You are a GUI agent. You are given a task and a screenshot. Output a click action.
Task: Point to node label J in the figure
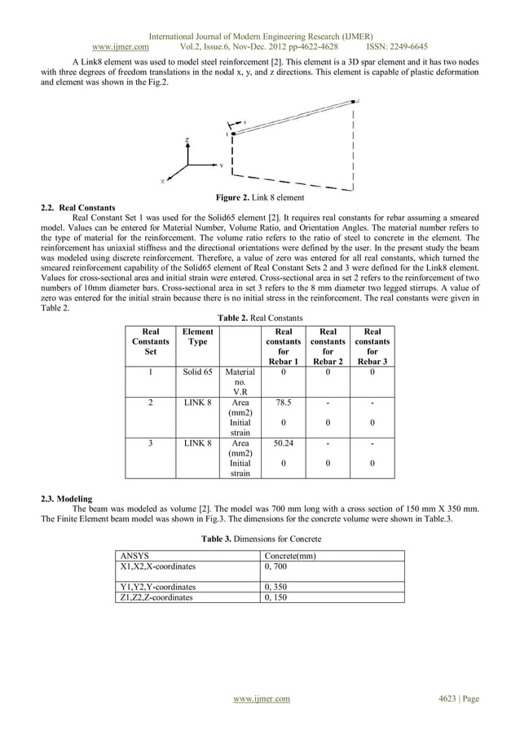pos(357,101)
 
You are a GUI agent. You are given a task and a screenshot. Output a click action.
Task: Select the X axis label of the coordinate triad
pos(161,181)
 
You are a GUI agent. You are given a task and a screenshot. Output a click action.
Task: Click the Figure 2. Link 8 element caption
pos(259,198)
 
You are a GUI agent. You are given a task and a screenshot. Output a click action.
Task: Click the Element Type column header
pos(197,337)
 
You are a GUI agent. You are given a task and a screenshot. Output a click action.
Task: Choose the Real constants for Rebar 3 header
pos(372,346)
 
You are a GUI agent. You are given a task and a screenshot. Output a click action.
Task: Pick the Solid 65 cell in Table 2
pos(197,372)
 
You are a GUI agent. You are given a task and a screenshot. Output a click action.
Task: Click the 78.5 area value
pos(283,402)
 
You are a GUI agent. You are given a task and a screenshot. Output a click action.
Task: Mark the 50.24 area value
pos(283,444)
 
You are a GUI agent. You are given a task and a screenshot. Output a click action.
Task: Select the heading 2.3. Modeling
pos(66,498)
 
